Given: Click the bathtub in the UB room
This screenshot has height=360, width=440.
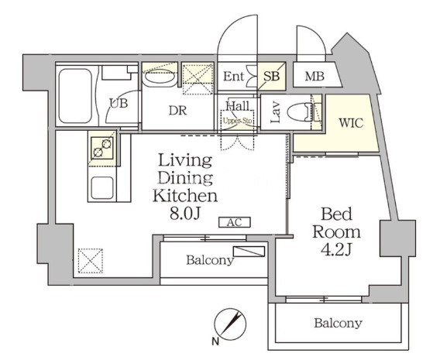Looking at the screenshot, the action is click(x=75, y=96).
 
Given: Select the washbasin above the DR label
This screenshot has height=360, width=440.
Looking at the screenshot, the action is click(x=158, y=77).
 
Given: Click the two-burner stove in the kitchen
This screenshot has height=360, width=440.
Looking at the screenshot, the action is click(x=102, y=148).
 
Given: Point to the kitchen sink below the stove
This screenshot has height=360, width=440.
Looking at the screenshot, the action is click(x=102, y=187).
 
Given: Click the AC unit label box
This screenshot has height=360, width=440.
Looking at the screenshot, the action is click(x=234, y=222).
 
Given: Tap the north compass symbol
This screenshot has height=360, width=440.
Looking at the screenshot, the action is click(x=230, y=324).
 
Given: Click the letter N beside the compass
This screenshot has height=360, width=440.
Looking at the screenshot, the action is click(x=215, y=341).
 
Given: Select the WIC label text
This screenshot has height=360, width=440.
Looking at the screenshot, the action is click(x=351, y=123).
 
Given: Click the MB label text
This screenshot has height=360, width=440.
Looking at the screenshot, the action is click(x=315, y=77).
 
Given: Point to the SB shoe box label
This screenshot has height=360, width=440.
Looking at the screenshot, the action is click(x=271, y=76).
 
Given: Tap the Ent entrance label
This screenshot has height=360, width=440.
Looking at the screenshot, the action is click(x=234, y=77).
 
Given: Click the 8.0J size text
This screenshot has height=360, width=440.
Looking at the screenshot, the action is click(x=185, y=214).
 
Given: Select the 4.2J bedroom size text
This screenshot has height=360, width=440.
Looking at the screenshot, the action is click(x=336, y=249).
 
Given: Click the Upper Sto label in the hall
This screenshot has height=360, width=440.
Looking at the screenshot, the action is click(x=237, y=121).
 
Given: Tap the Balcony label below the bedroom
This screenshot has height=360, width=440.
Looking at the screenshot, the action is click(x=339, y=324).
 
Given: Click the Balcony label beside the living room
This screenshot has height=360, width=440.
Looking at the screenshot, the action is click(x=210, y=260).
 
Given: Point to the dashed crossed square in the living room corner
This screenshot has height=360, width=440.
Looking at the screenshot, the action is click(x=91, y=261).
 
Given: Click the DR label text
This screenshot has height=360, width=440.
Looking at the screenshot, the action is click(x=178, y=111).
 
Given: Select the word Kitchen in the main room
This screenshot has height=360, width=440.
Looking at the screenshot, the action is click(x=185, y=196).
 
